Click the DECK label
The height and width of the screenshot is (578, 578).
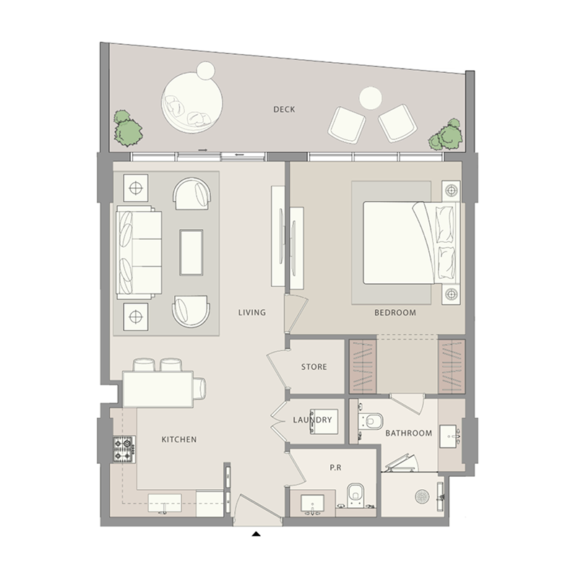click(284, 110)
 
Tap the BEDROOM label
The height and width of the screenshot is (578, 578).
click(395, 313)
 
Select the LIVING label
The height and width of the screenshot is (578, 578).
click(253, 313)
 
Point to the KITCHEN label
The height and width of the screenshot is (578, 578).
click(178, 439)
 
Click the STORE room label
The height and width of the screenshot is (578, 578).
click(314, 367)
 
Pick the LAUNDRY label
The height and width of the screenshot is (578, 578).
click(313, 420)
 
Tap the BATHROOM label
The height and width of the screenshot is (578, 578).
click(408, 433)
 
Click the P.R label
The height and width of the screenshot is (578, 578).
click(335, 468)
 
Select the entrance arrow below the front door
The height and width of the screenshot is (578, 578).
click(256, 535)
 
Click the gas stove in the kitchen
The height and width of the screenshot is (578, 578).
click(123, 449)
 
